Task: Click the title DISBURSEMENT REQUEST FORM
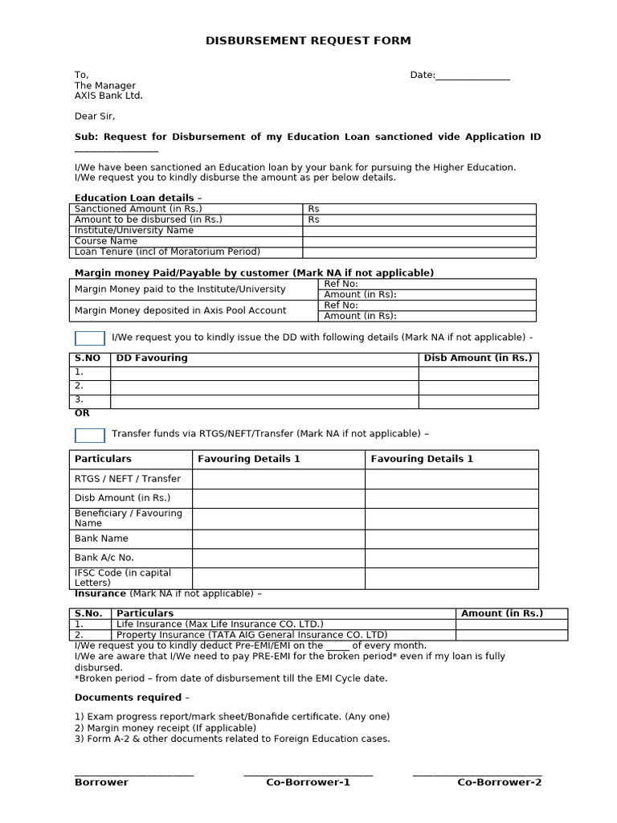tap(308, 40)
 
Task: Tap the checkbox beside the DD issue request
tap(89, 338)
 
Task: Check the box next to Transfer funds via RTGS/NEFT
tap(89, 435)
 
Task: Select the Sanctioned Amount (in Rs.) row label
tap(138, 209)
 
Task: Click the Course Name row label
tap(106, 241)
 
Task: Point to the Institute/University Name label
tap(134, 231)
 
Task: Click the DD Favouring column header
tap(152, 358)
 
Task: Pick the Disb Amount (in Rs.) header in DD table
tap(478, 358)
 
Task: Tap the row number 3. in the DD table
tap(79, 399)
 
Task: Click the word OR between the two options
tap(82, 413)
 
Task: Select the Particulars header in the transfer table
tap(103, 459)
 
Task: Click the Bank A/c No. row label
tap(104, 558)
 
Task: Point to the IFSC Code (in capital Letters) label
tap(123, 578)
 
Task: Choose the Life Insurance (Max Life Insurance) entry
tap(220, 624)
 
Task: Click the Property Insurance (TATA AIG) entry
tap(252, 635)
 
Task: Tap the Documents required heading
tap(133, 698)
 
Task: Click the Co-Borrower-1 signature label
tap(308, 783)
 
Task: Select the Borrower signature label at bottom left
tap(101, 783)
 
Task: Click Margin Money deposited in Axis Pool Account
tap(180, 310)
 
